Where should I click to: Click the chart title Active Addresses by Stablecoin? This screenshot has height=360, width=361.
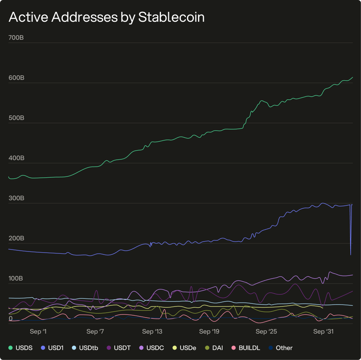(x=106, y=17)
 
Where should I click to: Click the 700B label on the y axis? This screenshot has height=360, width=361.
(x=16, y=37)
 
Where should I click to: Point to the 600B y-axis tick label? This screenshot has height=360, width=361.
(x=16, y=78)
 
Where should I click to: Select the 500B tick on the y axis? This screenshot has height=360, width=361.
(x=16, y=118)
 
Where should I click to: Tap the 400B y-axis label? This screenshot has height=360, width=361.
(x=16, y=158)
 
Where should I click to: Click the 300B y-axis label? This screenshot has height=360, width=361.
(x=16, y=198)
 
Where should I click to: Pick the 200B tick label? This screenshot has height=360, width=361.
(x=16, y=238)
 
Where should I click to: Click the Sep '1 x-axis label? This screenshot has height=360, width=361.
(x=38, y=331)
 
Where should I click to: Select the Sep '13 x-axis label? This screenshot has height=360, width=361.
(x=152, y=331)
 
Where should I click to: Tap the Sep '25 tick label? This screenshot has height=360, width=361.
(x=267, y=331)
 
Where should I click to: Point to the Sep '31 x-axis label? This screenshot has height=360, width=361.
(x=324, y=331)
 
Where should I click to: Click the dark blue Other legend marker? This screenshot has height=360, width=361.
(x=271, y=348)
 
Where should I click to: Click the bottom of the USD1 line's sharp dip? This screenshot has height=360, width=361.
(x=351, y=255)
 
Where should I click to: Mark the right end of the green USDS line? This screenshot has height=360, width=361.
(x=353, y=77)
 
